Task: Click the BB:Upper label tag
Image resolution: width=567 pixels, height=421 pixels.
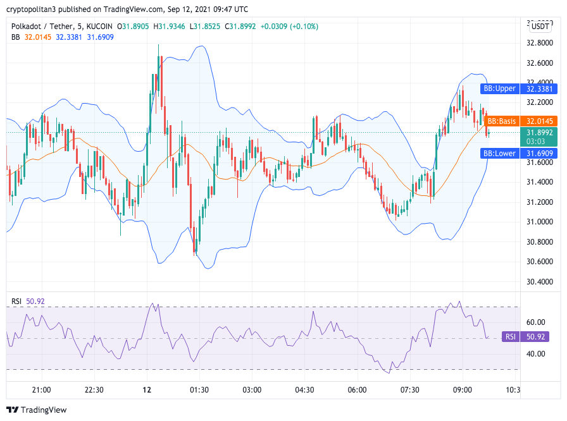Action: pyautogui.click(x=499, y=88)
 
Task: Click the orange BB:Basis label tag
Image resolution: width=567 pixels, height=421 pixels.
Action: pyautogui.click(x=500, y=121)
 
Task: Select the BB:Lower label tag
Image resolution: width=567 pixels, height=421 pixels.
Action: pyautogui.click(x=499, y=153)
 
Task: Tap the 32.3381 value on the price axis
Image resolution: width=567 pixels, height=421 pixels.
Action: pyautogui.click(x=540, y=88)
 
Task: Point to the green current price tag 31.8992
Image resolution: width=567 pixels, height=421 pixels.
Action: pyautogui.click(x=540, y=133)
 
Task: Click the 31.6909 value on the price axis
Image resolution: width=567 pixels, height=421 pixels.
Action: pyautogui.click(x=540, y=153)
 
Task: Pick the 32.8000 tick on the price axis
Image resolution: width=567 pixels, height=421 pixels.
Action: pyautogui.click(x=540, y=43)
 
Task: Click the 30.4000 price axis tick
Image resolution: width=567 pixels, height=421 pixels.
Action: pyautogui.click(x=540, y=281)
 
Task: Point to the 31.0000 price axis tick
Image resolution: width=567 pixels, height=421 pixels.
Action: pyautogui.click(x=540, y=222)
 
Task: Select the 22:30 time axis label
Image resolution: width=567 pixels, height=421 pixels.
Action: pyautogui.click(x=94, y=390)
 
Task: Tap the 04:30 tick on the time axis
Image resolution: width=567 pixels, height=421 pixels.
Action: pyautogui.click(x=305, y=390)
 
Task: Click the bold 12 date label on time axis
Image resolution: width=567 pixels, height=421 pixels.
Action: pyautogui.click(x=146, y=390)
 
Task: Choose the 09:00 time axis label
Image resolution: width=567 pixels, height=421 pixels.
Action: pyautogui.click(x=463, y=390)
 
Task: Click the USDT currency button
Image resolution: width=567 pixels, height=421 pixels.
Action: pyautogui.click(x=540, y=27)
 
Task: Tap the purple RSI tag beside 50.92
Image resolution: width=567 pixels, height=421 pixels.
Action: pyautogui.click(x=510, y=337)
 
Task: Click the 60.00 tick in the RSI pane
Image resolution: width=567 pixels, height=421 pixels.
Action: pyautogui.click(x=535, y=322)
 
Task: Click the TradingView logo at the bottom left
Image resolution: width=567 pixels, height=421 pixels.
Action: pyautogui.click(x=37, y=410)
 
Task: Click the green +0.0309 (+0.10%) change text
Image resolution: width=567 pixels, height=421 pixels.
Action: pyautogui.click(x=290, y=27)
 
